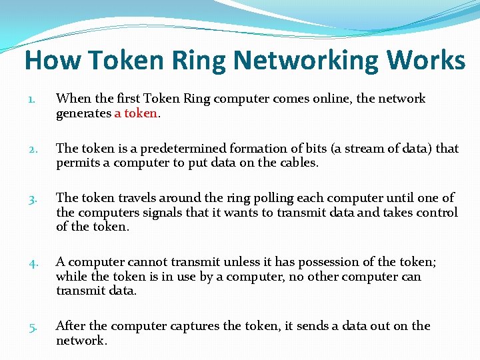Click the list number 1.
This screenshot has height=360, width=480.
point(31,99)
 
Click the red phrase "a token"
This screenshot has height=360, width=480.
point(136,113)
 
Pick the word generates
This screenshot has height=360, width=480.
point(83,113)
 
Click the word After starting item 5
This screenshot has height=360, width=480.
point(71,326)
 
